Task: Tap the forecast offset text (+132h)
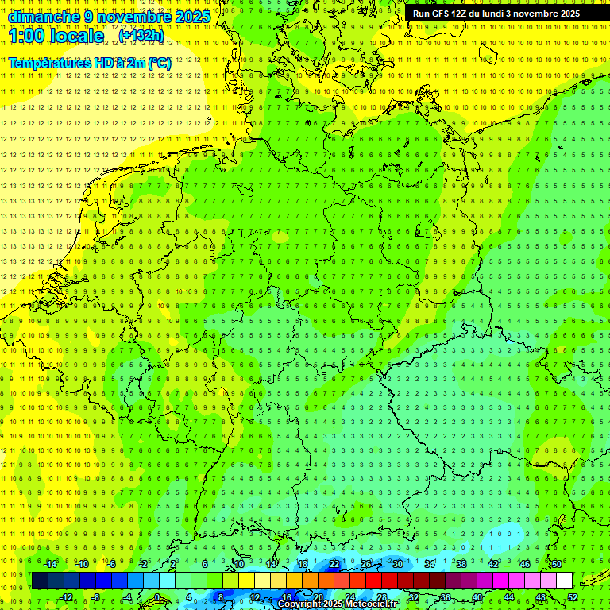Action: tap(141, 35)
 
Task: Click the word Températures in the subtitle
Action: tap(49, 62)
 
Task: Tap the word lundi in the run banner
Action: tap(503, 14)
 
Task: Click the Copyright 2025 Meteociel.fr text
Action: tap(338, 604)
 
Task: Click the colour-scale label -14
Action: tap(50, 564)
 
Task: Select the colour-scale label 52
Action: tap(573, 597)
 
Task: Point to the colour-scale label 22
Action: tap(334, 564)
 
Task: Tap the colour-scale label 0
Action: tap(157, 597)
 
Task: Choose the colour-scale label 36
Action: tap(445, 597)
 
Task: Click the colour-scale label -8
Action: tap(95, 597)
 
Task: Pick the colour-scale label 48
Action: tap(541, 597)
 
